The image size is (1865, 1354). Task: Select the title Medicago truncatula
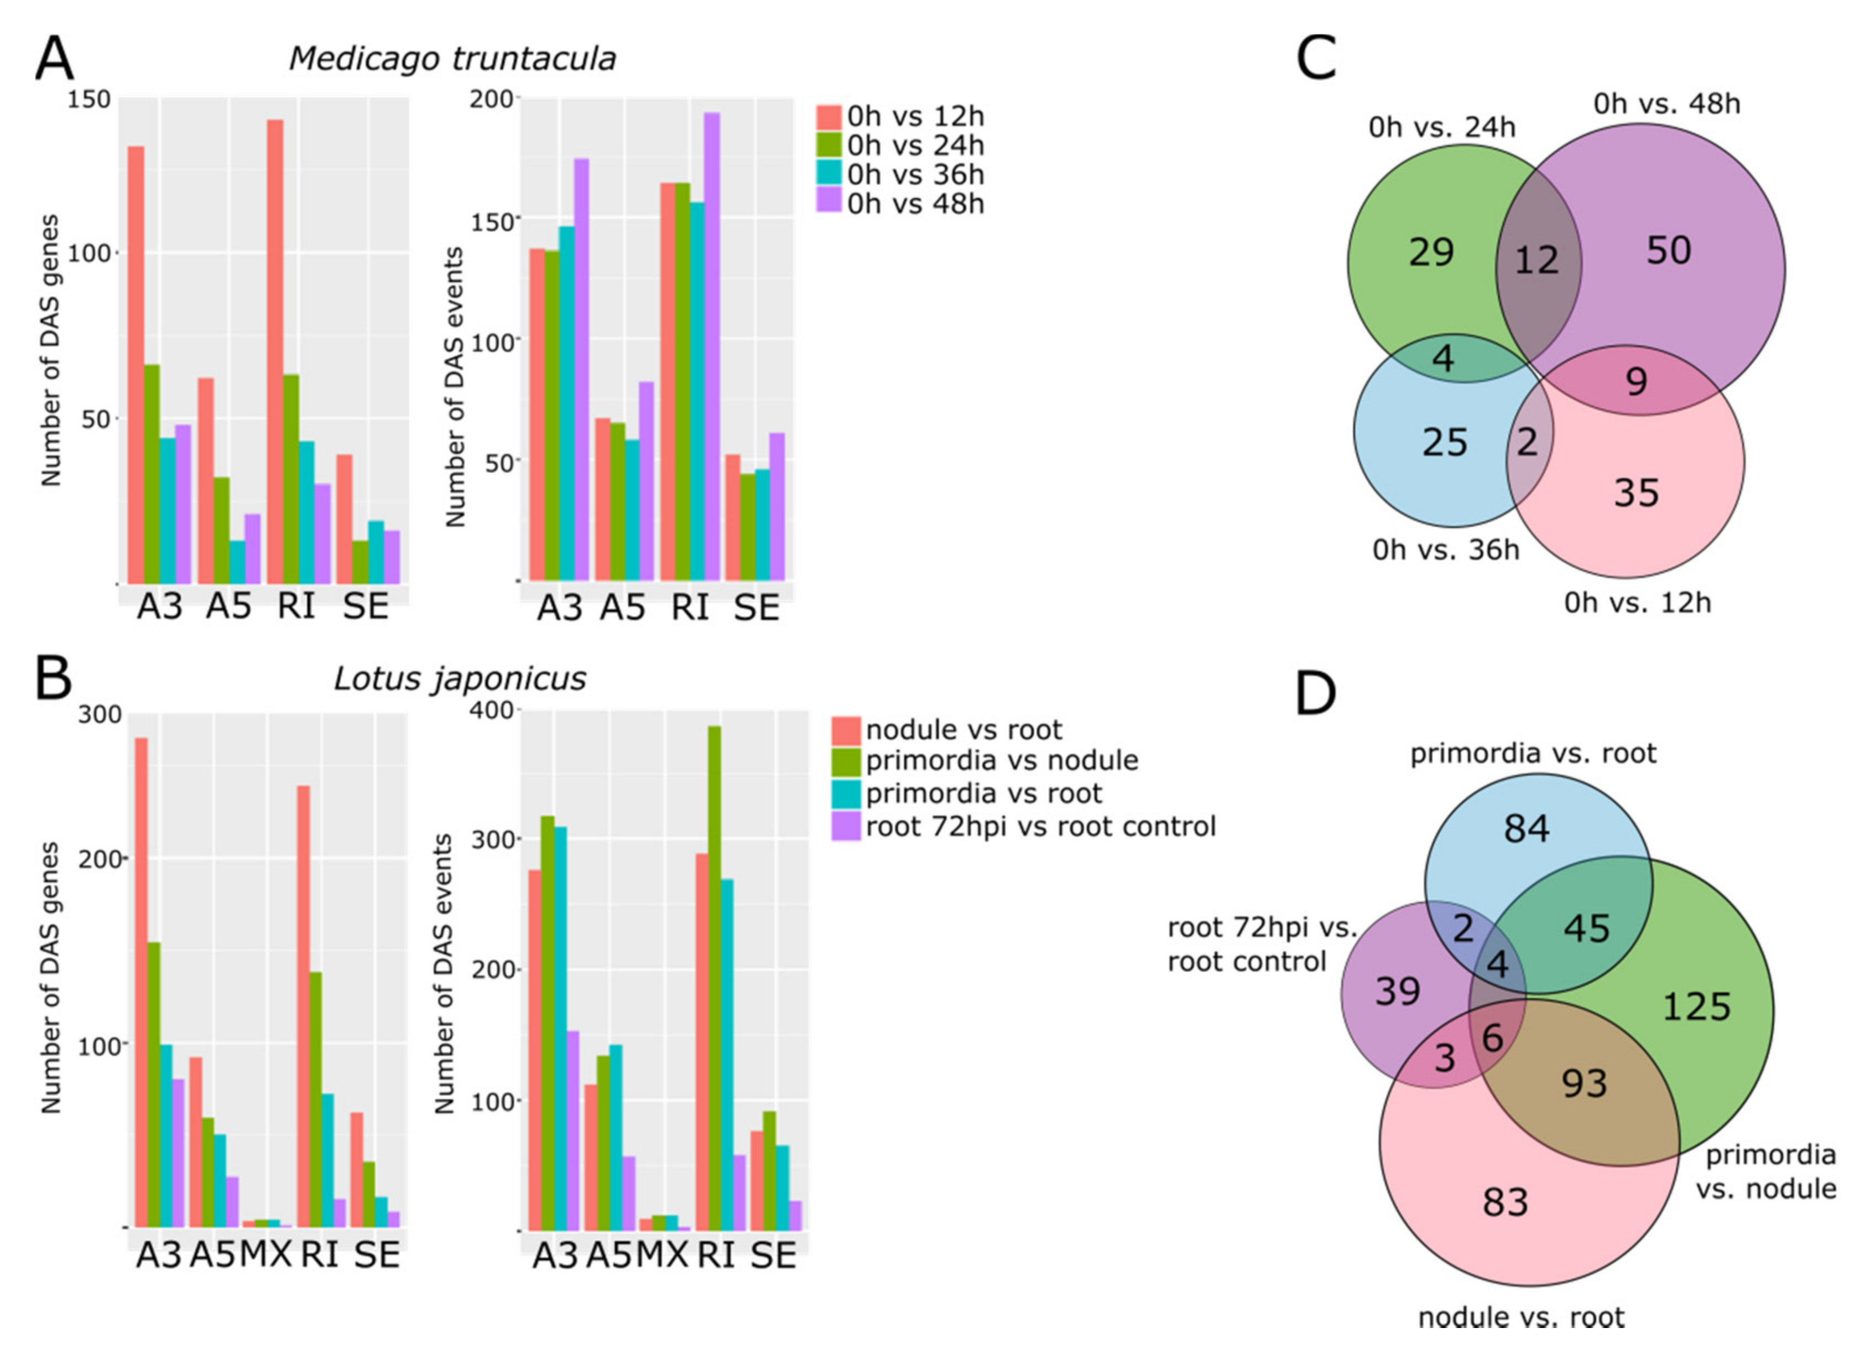pyautogui.click(x=452, y=59)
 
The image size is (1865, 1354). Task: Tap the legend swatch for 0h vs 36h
pyautogui.click(x=829, y=174)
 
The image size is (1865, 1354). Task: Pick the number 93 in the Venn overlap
pyautogui.click(x=1584, y=1083)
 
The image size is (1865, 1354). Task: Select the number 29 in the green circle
pyautogui.click(x=1431, y=252)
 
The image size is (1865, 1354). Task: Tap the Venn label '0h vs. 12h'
pyautogui.click(x=1637, y=603)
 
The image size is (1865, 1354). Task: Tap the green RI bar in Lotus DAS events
pyautogui.click(x=715, y=978)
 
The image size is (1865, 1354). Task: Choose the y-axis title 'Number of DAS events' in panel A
pyautogui.click(x=455, y=387)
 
